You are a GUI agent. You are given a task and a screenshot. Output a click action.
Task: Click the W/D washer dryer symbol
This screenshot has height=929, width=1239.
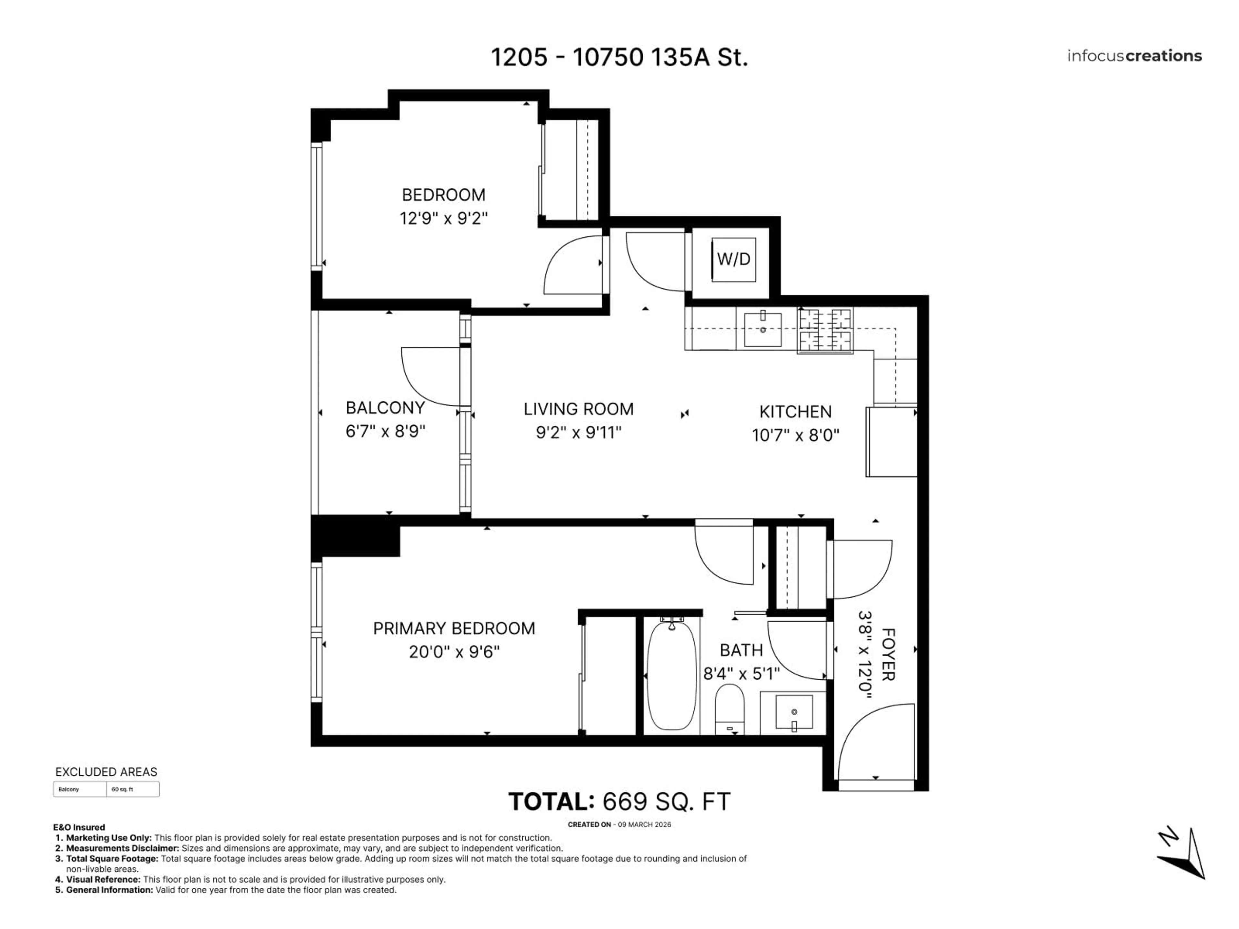pyautogui.click(x=733, y=259)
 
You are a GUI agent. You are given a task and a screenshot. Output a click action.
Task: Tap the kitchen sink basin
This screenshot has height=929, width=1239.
pyautogui.click(x=762, y=330)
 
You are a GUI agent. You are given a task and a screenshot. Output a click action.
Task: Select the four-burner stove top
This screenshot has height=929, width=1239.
pyautogui.click(x=825, y=330)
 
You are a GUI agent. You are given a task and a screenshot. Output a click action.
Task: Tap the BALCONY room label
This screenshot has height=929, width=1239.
pyautogui.click(x=385, y=408)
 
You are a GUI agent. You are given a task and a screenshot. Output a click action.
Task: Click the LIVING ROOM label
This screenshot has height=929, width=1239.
pyautogui.click(x=578, y=409)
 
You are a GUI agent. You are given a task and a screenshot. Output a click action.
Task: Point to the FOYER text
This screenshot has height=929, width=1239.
pyautogui.click(x=888, y=654)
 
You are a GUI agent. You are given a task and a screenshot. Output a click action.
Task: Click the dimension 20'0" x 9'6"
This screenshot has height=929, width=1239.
pyautogui.click(x=454, y=652)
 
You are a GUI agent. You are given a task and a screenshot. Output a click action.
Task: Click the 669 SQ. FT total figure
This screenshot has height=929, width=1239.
pyautogui.click(x=666, y=802)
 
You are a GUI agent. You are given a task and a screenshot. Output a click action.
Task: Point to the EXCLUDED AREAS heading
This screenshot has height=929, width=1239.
pyautogui.click(x=106, y=772)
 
